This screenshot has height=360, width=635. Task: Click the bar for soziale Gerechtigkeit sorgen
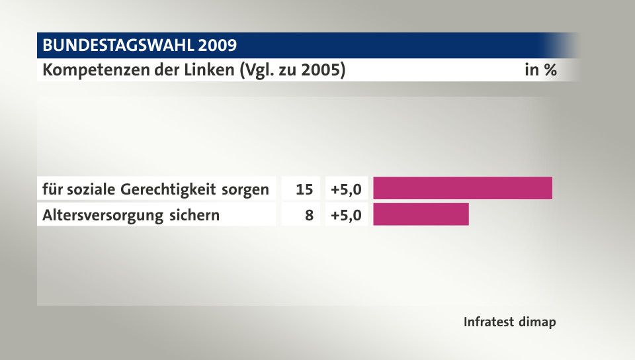(462, 189)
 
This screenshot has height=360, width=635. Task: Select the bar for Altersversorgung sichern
(421, 214)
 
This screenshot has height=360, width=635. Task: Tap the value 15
(304, 189)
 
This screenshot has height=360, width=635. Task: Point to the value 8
(309, 215)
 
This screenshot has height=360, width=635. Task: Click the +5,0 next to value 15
(346, 189)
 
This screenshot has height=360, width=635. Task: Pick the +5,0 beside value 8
(346, 215)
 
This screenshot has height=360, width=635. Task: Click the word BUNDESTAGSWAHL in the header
(118, 46)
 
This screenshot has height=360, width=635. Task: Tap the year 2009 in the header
(216, 46)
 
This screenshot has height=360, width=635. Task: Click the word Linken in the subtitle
(202, 69)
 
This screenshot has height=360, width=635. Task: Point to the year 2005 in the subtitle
(323, 69)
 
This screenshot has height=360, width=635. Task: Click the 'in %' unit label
(540, 69)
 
